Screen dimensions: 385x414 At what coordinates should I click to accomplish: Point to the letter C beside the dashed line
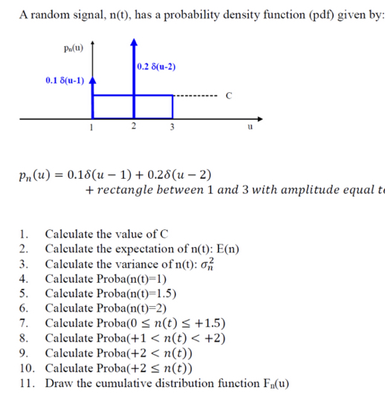click(x=229, y=95)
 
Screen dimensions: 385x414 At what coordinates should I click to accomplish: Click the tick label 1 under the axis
click(x=91, y=127)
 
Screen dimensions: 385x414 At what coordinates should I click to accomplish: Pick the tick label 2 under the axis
click(x=132, y=126)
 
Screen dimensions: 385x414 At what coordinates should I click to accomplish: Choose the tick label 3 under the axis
click(x=172, y=127)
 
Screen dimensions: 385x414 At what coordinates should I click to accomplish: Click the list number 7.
click(x=25, y=323)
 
